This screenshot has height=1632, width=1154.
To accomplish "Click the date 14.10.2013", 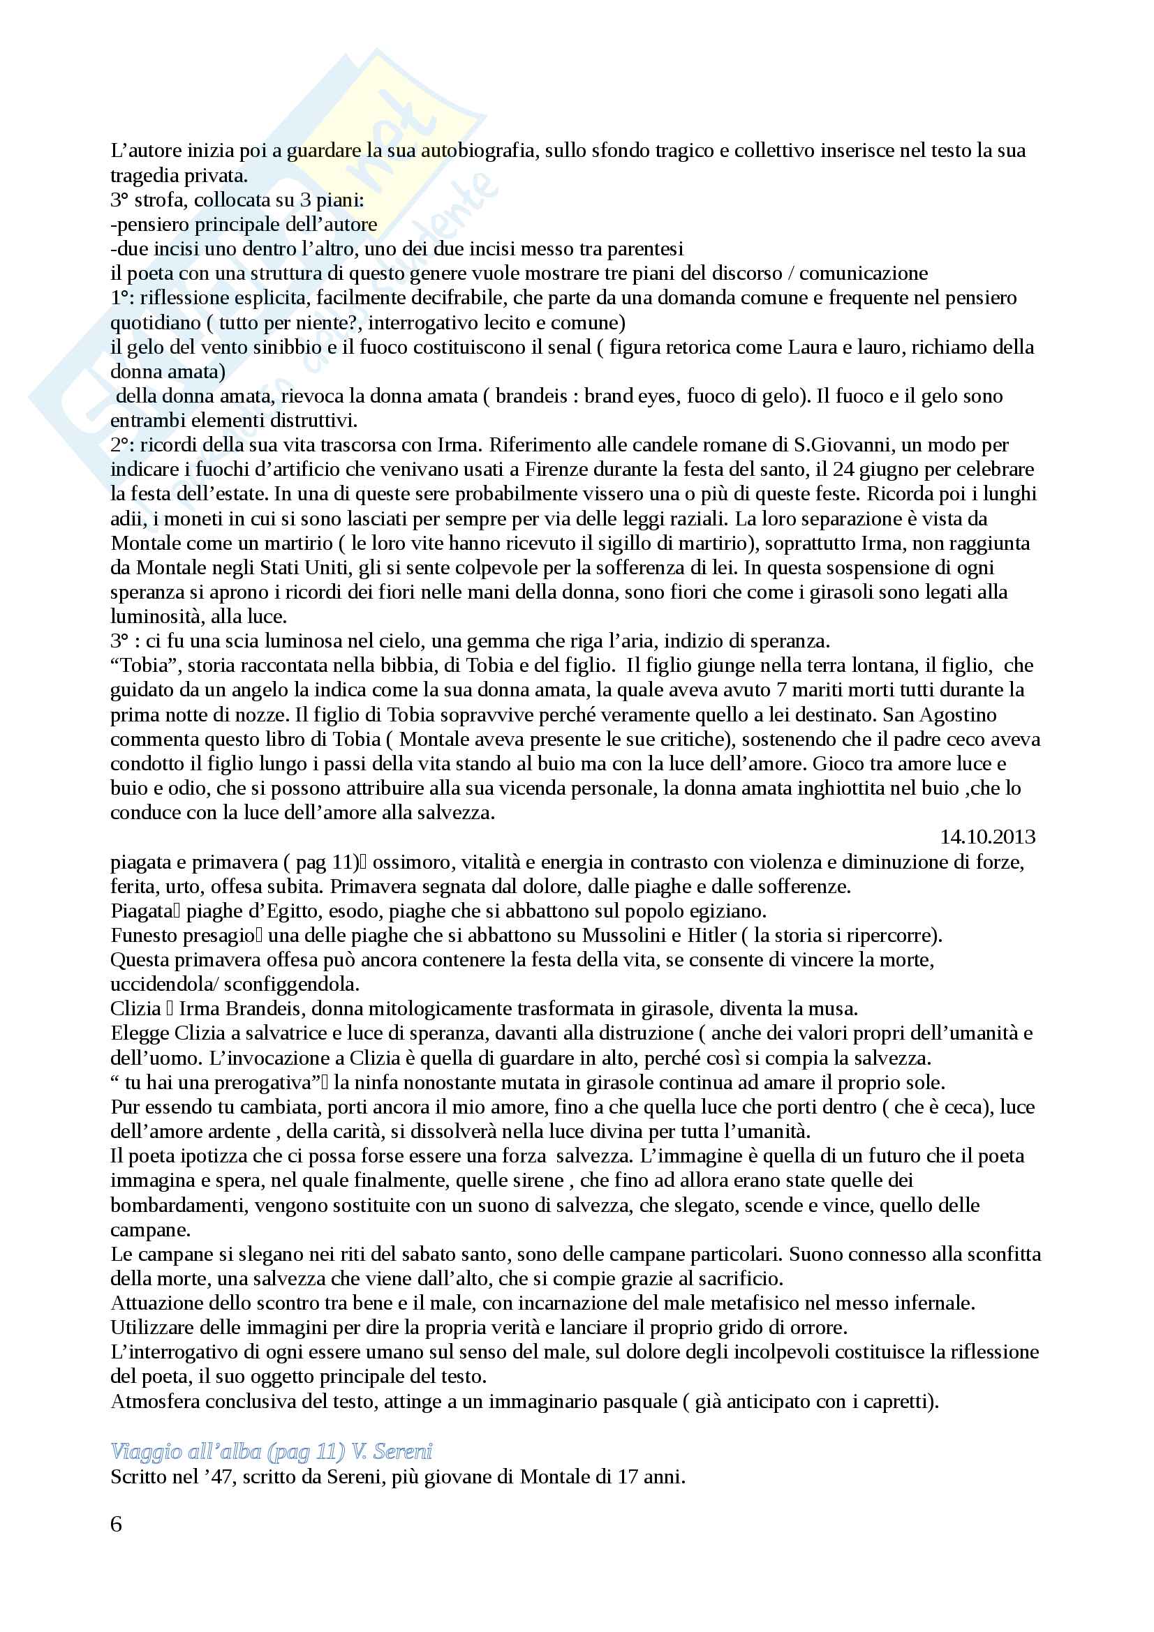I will (987, 837).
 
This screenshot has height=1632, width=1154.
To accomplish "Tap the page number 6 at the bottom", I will (117, 1524).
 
